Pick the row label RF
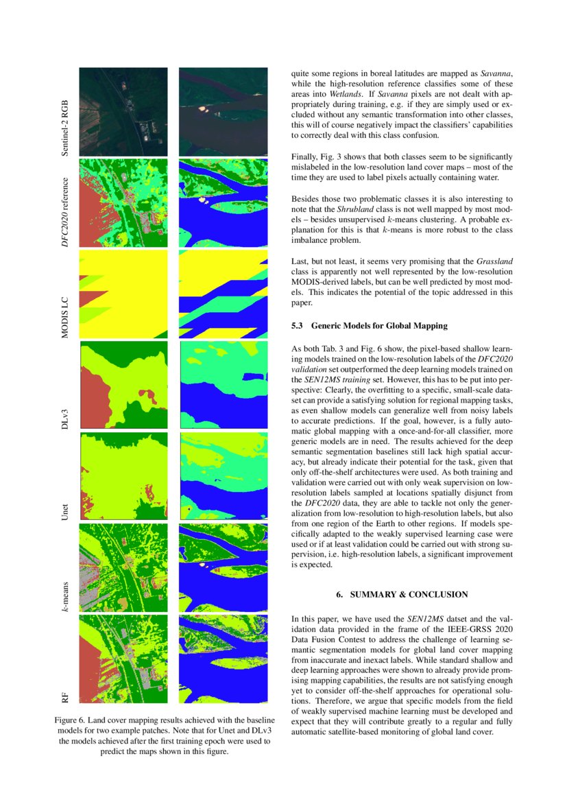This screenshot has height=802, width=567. [x=65, y=698]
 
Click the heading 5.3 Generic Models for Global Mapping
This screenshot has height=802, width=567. [x=370, y=326]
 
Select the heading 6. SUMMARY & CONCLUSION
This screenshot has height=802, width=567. [x=402, y=594]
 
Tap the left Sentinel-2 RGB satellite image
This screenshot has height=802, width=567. [x=123, y=111]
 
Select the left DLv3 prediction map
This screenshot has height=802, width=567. [x=123, y=385]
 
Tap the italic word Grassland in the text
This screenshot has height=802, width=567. [x=492, y=261]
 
